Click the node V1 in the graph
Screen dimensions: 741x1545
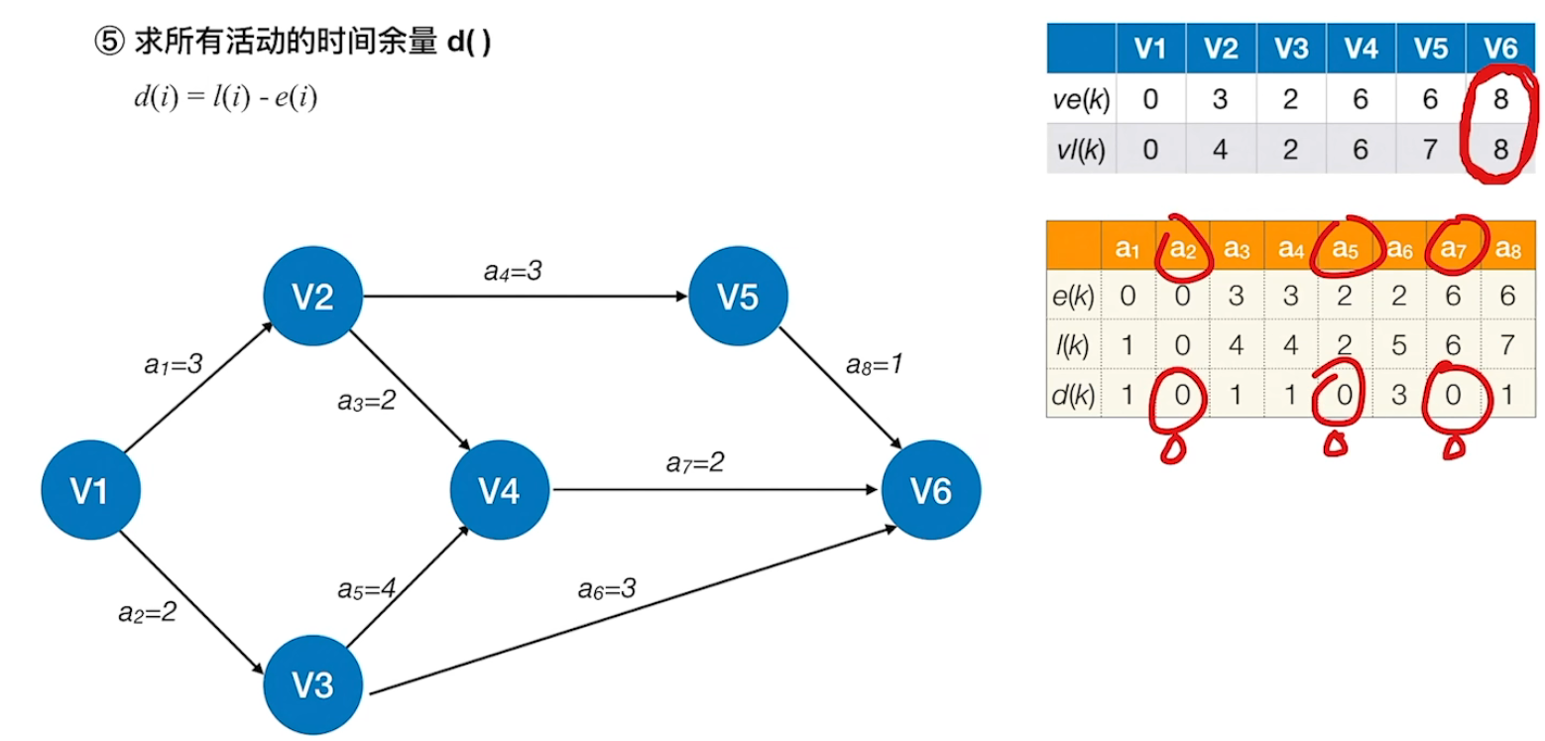(x=89, y=490)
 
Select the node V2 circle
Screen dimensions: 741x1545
(x=312, y=297)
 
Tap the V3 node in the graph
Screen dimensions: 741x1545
(x=313, y=684)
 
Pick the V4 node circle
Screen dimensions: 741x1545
(x=499, y=490)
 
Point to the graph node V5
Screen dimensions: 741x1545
(x=738, y=297)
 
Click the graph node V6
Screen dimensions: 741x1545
(x=931, y=490)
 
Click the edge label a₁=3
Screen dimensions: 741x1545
(x=174, y=364)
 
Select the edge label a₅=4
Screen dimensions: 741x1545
(x=366, y=587)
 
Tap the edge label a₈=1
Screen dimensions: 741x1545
(x=874, y=364)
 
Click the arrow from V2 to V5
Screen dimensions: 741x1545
(x=526, y=296)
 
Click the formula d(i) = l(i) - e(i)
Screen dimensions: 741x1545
(x=226, y=98)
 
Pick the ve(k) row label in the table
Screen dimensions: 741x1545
(x=1081, y=100)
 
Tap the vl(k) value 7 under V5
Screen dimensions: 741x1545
(x=1431, y=150)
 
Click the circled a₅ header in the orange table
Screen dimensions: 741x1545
(x=1347, y=249)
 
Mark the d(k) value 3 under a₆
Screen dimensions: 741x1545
(x=1400, y=395)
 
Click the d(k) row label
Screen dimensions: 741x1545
(x=1074, y=395)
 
